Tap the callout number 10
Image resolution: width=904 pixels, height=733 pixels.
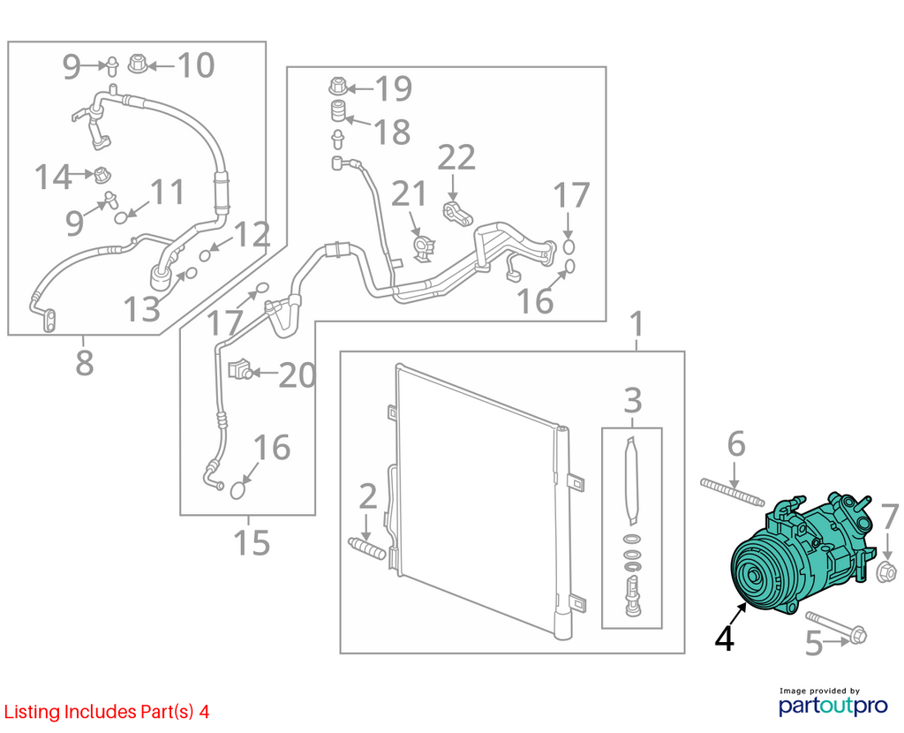(x=196, y=65)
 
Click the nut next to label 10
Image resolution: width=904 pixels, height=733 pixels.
(x=137, y=64)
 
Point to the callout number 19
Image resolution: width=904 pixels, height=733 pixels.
(x=394, y=89)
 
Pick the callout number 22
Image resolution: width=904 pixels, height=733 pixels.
(x=456, y=157)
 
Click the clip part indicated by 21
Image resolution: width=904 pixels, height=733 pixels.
(x=425, y=246)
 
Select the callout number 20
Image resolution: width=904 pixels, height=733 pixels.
(x=298, y=375)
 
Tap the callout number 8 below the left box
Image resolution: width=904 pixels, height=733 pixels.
(x=84, y=363)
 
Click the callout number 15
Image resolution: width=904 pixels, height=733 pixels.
(x=252, y=543)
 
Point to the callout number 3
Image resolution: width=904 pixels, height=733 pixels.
(x=632, y=400)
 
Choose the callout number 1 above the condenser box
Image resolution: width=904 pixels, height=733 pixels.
(x=636, y=324)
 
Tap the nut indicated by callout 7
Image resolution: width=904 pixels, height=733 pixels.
(x=885, y=571)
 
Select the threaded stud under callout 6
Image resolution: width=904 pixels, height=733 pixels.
(x=732, y=492)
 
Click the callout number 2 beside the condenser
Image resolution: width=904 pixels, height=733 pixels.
(x=368, y=496)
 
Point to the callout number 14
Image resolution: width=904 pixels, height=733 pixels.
(x=53, y=177)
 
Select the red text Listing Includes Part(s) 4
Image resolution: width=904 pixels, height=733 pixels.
(x=107, y=712)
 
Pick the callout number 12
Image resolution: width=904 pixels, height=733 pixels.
(x=252, y=234)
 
